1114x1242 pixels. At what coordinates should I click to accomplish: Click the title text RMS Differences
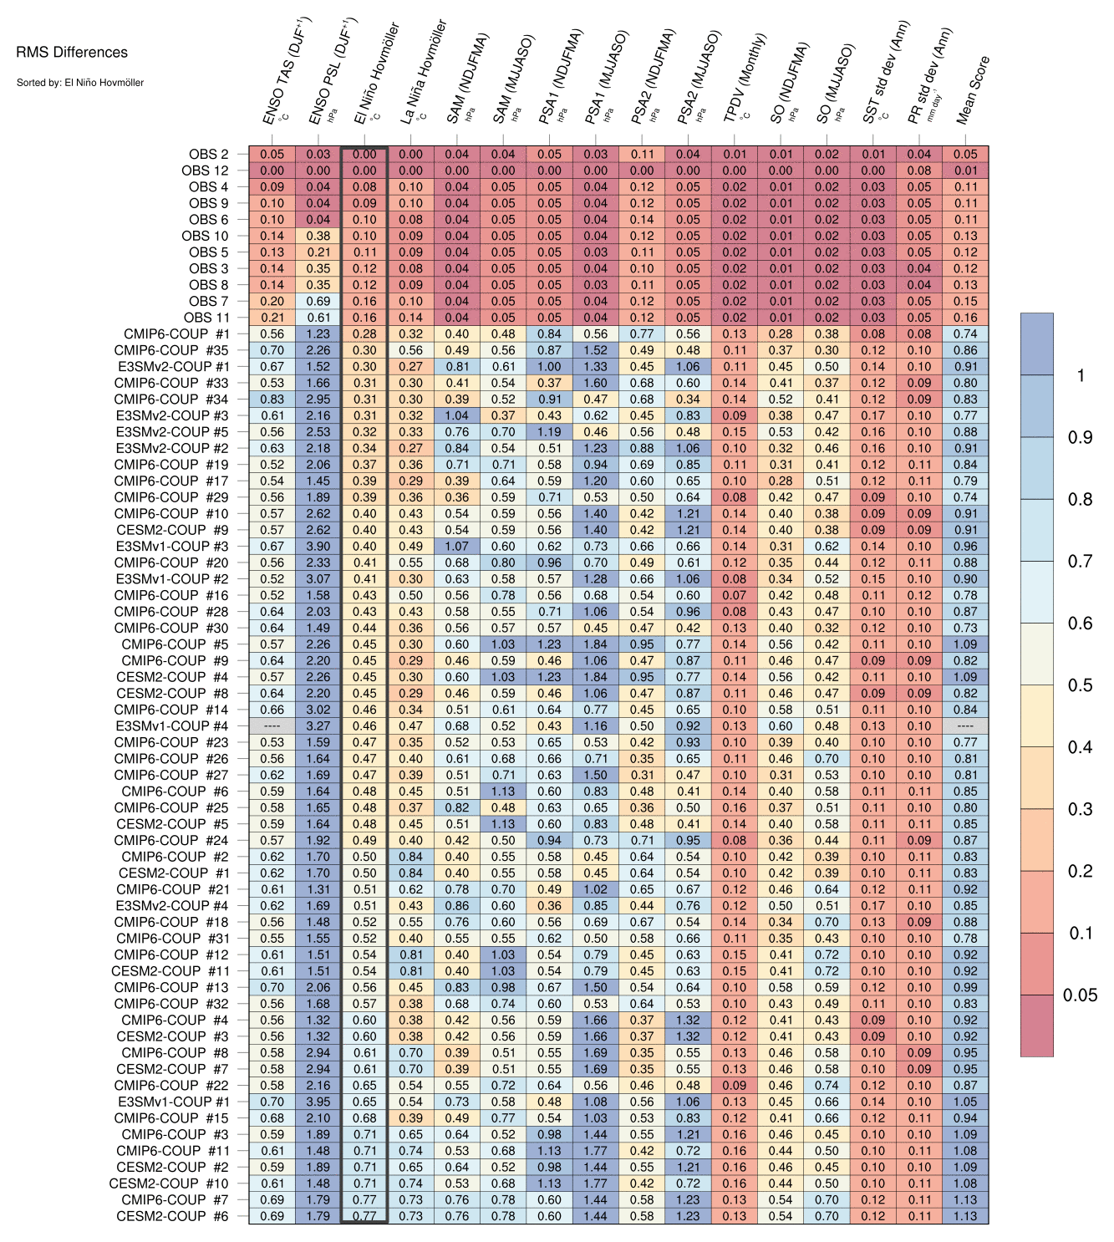tap(72, 53)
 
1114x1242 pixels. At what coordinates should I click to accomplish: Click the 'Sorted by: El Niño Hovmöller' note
tap(80, 83)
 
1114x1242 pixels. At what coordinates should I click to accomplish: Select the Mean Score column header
tap(972, 90)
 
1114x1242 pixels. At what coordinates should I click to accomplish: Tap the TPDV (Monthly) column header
tap(744, 79)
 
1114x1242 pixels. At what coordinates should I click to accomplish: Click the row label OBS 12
tap(205, 171)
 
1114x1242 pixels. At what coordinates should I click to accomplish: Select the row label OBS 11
tap(206, 318)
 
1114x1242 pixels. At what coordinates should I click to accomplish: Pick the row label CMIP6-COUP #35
tap(171, 350)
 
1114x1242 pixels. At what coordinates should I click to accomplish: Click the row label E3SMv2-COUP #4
tap(172, 906)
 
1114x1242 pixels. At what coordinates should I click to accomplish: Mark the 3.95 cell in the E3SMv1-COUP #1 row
tap(318, 1102)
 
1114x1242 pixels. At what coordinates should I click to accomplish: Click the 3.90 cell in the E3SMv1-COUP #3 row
tap(318, 547)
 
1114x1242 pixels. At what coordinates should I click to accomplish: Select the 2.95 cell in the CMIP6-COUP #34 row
tap(318, 400)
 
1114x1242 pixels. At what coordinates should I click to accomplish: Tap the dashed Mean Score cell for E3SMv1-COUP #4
tap(965, 726)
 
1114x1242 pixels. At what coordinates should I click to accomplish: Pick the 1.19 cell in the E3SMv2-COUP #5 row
tap(549, 432)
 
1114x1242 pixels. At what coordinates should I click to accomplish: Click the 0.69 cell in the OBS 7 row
tap(318, 301)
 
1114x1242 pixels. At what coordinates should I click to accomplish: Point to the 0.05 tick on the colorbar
tap(1080, 995)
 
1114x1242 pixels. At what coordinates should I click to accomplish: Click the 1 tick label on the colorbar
tap(1081, 375)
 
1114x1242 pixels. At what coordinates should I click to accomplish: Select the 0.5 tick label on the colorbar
tap(1080, 685)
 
